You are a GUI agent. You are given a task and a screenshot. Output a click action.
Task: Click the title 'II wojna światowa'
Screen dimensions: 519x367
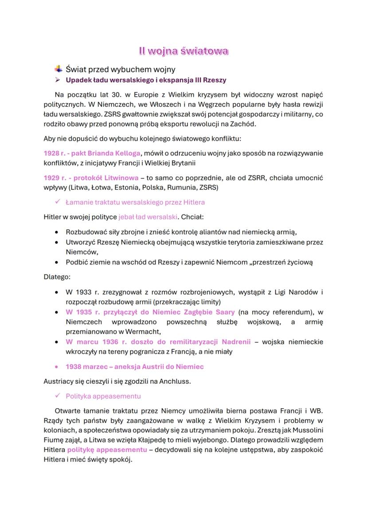point(183,51)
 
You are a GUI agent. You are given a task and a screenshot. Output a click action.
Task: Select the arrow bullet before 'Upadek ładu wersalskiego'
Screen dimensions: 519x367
point(57,80)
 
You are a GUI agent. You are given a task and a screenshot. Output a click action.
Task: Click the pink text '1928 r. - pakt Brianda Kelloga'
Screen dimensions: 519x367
point(92,153)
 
